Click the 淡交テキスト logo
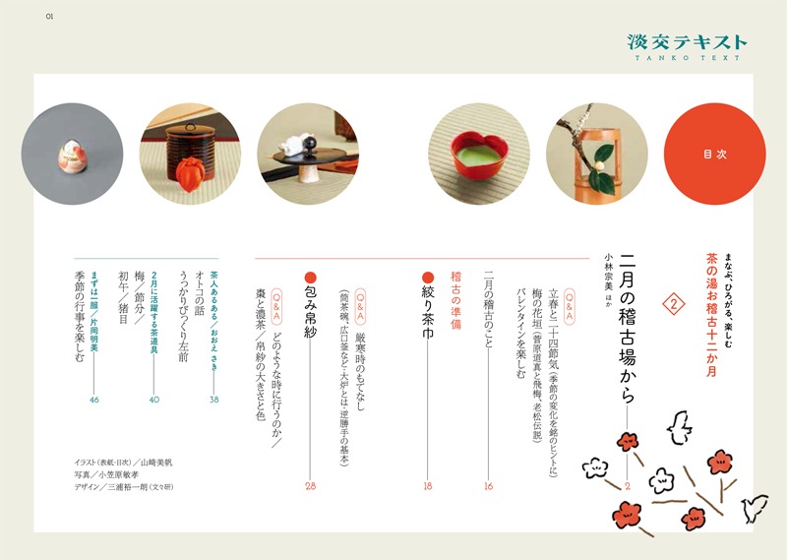688,43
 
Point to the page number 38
213,400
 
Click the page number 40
153,400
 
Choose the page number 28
311,485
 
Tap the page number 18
427,485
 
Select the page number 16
488,485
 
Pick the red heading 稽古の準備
456,301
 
